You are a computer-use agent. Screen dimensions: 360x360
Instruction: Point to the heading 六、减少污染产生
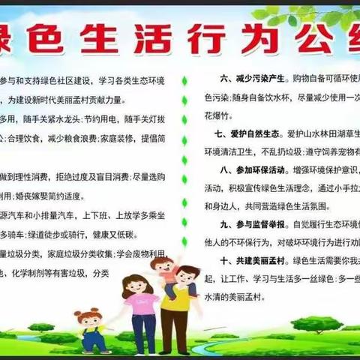pos(250,78)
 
